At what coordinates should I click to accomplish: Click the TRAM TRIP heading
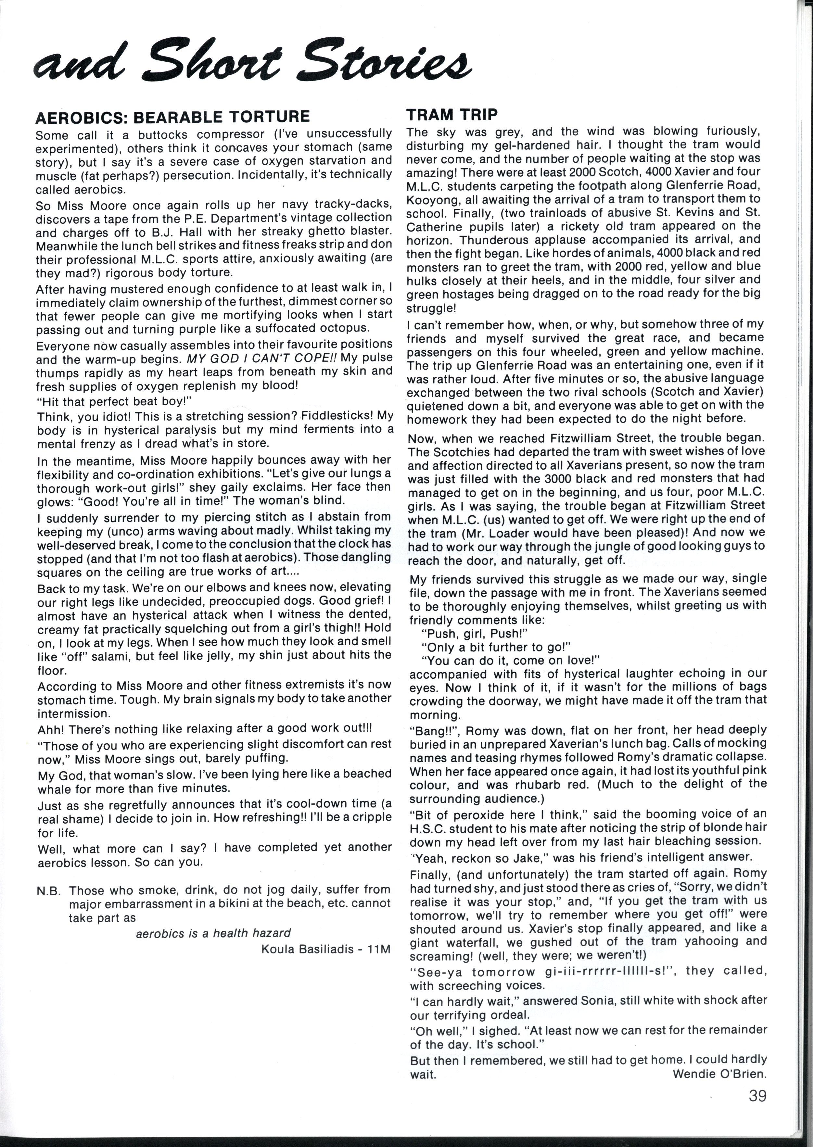(452, 114)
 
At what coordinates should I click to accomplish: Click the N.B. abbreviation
(49, 890)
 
